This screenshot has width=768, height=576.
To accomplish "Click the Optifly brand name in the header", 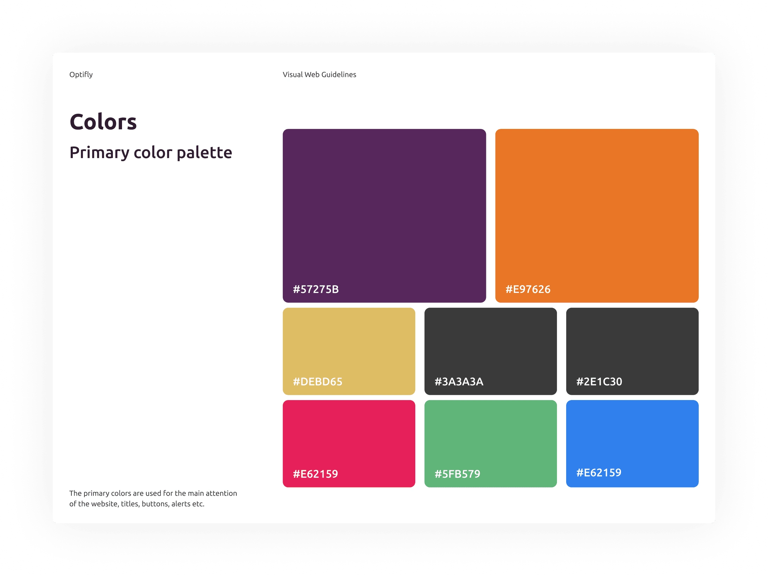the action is [81, 74].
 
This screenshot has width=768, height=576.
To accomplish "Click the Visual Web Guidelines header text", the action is [319, 74].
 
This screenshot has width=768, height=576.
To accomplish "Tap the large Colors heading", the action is [103, 122].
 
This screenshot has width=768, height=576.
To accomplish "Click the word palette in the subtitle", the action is [204, 152].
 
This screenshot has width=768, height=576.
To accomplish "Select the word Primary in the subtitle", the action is [100, 153].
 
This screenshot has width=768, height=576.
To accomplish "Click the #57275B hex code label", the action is [316, 289].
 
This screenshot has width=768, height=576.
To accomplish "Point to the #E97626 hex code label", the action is [528, 289].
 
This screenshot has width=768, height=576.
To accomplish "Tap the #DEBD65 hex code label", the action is [318, 381].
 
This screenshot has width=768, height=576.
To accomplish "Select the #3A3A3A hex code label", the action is [459, 381].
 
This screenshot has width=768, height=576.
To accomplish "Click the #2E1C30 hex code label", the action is [599, 381].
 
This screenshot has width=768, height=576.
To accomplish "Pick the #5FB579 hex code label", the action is [457, 474].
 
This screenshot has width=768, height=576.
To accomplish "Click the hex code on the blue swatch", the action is [599, 472].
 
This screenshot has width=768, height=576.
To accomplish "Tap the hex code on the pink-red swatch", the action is [315, 474].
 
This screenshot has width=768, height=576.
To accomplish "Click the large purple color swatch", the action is [384, 216].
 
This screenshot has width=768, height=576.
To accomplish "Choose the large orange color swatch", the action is [597, 216].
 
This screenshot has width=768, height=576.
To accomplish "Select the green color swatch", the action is [491, 444].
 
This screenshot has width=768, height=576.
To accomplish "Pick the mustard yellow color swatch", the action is [349, 351].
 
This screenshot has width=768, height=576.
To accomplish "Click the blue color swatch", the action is [632, 444].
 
